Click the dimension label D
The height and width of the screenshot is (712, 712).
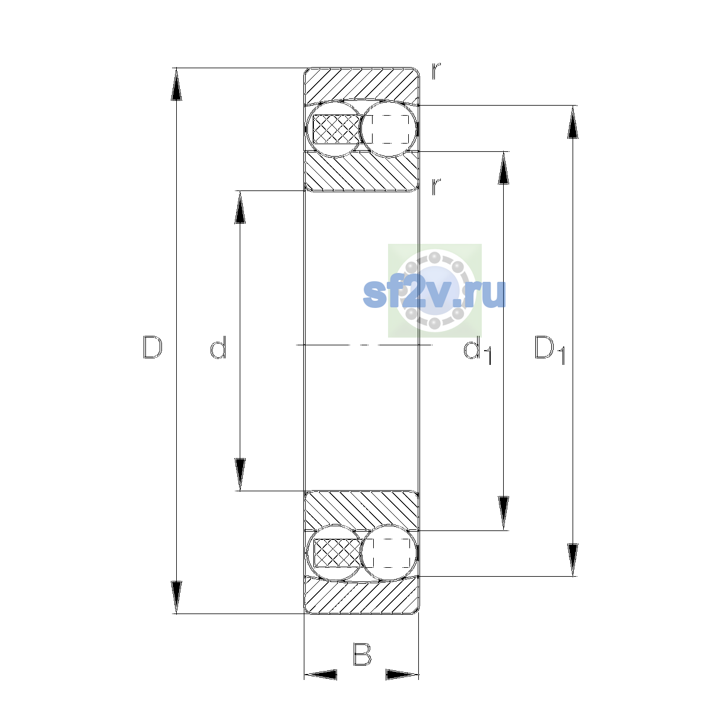(x=152, y=347)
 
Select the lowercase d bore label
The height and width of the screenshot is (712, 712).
(x=218, y=347)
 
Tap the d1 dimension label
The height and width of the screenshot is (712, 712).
(x=478, y=350)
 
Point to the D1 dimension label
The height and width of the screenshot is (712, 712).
(x=550, y=350)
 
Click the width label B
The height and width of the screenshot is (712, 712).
(x=362, y=654)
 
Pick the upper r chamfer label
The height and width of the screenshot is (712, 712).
(x=436, y=71)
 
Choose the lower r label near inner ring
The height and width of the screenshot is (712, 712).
(x=436, y=186)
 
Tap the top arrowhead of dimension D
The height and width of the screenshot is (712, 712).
(x=176, y=84)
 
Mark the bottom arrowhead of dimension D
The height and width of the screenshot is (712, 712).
(x=176, y=597)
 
